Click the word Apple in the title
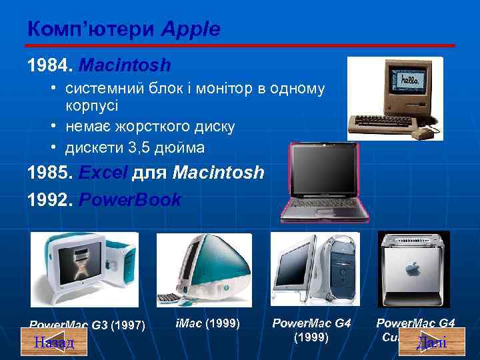point(189,29)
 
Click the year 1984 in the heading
point(49,65)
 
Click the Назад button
point(53,343)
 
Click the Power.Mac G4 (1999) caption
point(311,330)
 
